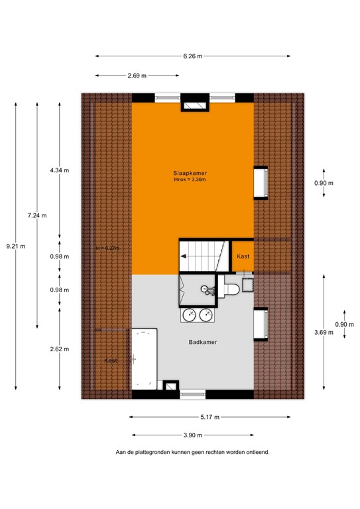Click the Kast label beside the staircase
(242, 256)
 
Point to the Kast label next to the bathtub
(111, 360)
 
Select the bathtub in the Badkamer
(143, 358)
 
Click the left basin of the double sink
(189, 314)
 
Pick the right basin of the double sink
(206, 314)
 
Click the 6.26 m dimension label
(192, 56)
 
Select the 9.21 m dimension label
(15, 246)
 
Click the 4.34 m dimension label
(60, 170)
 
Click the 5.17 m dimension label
(210, 417)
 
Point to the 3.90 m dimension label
(193, 435)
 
